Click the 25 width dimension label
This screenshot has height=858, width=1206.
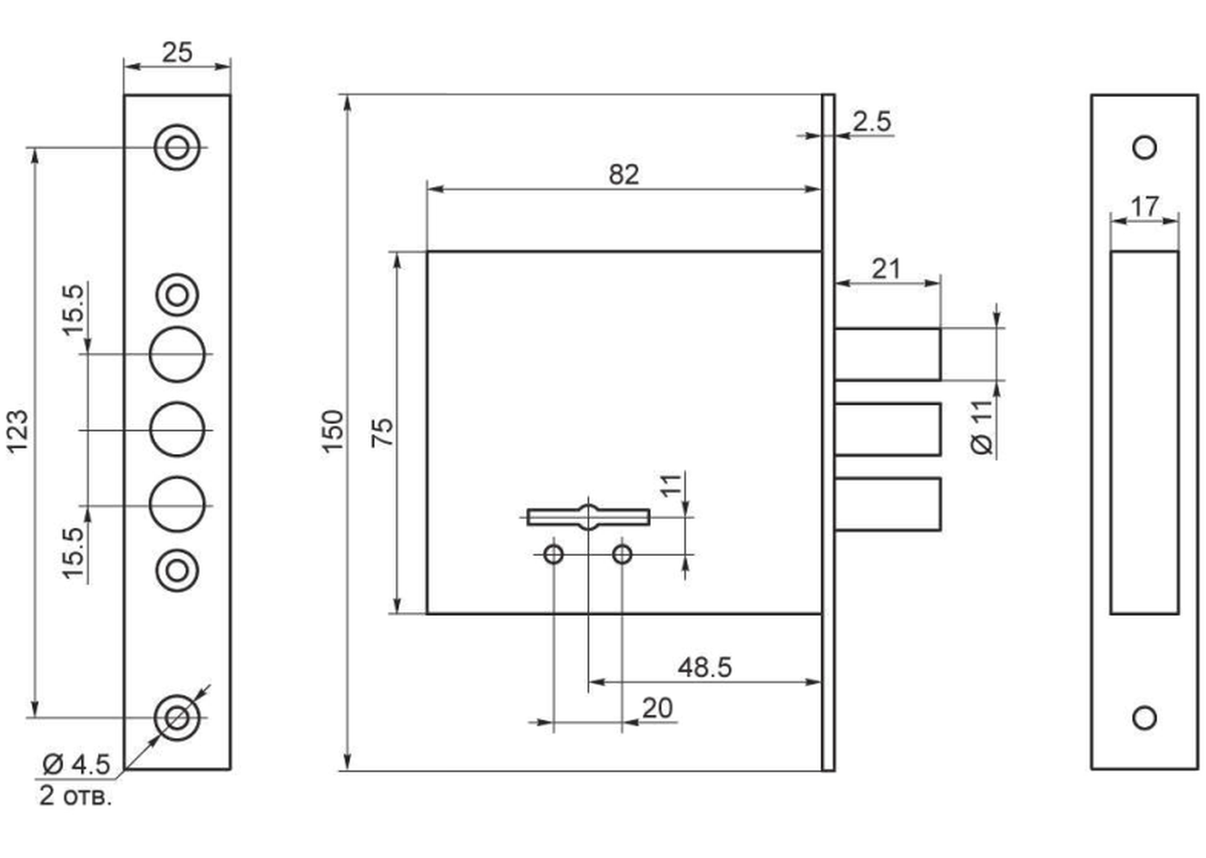coord(177,52)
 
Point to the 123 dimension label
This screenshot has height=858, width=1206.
coord(17,432)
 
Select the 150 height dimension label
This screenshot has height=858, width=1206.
coord(333,432)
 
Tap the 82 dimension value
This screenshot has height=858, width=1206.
coord(624,174)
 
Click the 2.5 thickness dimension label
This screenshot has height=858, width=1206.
coord(871,121)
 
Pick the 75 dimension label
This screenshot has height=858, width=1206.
coord(383,432)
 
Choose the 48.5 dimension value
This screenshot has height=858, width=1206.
coord(704,668)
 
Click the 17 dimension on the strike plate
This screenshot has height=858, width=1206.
coord(1144,206)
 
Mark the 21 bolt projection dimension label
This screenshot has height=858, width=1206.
coord(886,269)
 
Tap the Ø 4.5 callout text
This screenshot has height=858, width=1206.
coord(76,764)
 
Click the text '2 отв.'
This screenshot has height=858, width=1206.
coord(75,795)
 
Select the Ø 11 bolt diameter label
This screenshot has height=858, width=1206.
coord(981,427)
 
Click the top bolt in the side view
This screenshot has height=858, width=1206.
coord(888,353)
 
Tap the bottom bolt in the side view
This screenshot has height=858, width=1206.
coord(888,505)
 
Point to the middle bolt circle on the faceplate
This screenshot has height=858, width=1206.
coord(178,429)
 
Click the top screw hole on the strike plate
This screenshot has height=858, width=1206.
coord(1144,147)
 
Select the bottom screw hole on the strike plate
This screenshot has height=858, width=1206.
coord(1144,718)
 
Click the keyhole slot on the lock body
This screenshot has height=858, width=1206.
coord(588,517)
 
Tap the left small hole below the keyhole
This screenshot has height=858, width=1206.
coord(553,554)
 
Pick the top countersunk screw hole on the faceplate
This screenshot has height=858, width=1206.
coord(178,147)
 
